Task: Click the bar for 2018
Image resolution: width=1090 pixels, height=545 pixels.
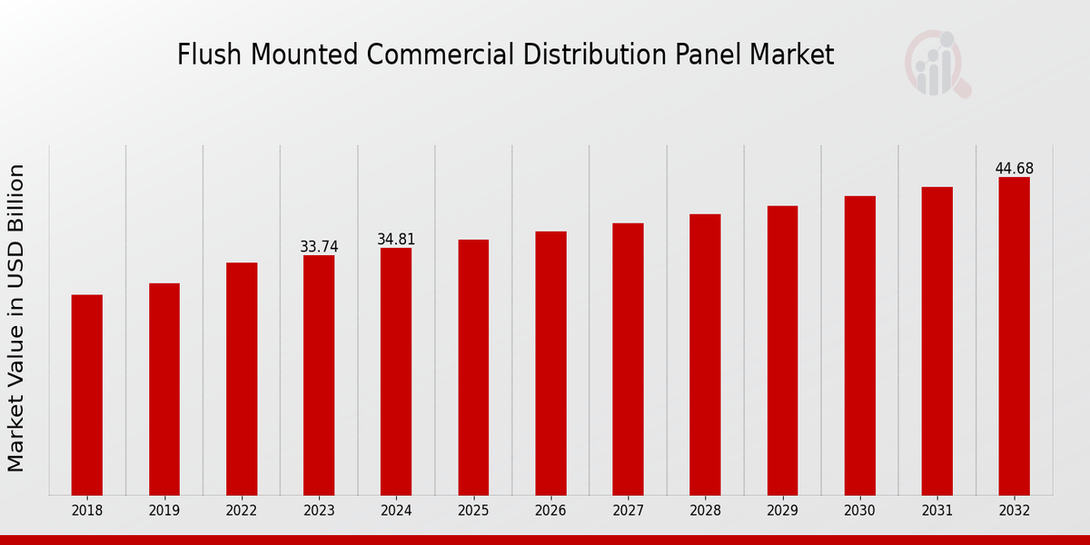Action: coord(87,395)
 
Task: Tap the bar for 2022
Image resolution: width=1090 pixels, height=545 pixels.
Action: coord(242,379)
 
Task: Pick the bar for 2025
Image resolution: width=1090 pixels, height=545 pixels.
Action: coord(473,367)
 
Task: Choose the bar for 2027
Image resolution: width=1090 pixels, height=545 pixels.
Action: coord(628,359)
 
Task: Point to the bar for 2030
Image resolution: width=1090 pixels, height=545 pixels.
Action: coord(860,345)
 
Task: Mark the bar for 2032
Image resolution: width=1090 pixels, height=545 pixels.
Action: coord(1015,336)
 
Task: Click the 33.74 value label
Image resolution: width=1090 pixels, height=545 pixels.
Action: coord(319,247)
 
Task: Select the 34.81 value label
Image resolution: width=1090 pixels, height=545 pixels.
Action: coord(396,240)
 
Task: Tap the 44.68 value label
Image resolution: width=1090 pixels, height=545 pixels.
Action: coord(1015,169)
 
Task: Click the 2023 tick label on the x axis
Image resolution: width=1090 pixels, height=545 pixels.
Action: coord(319,511)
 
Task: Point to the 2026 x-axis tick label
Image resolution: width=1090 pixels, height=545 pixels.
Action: coord(550,511)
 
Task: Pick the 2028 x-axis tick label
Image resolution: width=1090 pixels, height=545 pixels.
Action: coord(705,511)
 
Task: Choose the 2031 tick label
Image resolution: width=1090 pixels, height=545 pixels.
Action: coord(937,511)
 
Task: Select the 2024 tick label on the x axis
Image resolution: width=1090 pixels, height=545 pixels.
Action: coord(396,511)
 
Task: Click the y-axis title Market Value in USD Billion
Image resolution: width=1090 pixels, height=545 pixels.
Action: coord(16,318)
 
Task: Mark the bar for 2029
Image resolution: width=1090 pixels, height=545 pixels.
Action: coord(782,351)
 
